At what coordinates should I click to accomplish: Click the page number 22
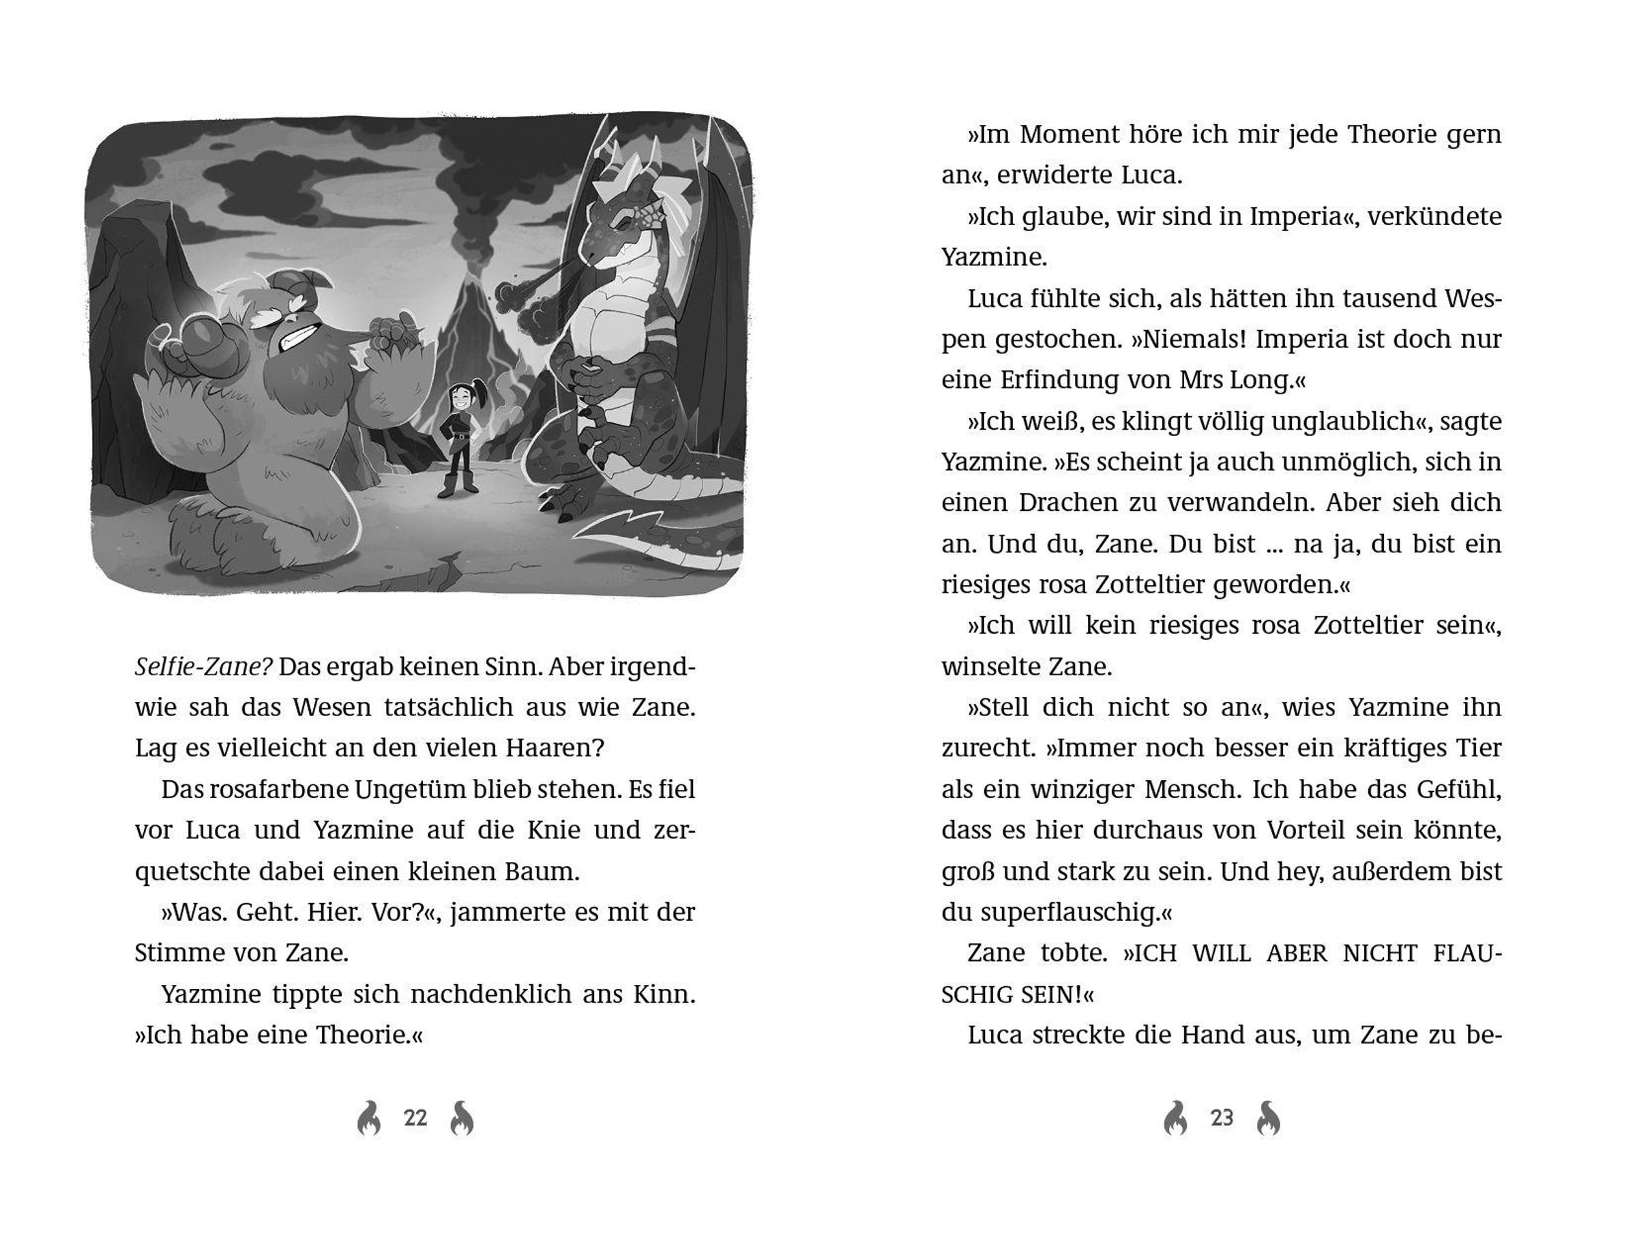point(415,1118)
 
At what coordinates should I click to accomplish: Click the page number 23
point(1222,1118)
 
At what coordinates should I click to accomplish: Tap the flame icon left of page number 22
point(369,1118)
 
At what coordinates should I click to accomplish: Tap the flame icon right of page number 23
point(1269,1118)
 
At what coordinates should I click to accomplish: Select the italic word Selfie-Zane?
point(203,666)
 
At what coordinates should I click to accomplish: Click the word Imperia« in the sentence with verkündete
point(1297,216)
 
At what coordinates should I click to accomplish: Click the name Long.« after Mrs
point(1265,380)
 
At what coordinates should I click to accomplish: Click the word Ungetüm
point(391,789)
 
